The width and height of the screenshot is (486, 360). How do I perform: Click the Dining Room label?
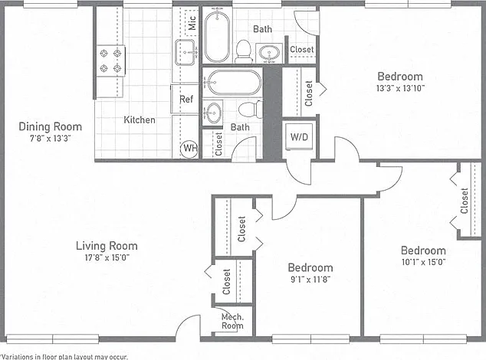click(x=51, y=126)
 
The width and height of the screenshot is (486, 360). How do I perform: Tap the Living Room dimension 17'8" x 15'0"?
click(x=107, y=257)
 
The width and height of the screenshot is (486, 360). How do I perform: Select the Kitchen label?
click(x=140, y=119)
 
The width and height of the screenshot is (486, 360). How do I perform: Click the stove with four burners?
click(x=110, y=61)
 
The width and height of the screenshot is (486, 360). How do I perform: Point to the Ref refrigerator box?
click(x=185, y=99)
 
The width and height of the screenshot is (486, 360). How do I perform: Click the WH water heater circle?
click(x=189, y=149)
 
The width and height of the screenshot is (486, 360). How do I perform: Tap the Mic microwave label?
click(x=192, y=23)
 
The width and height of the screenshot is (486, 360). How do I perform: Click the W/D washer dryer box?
click(x=299, y=136)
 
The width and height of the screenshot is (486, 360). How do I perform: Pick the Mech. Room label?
click(x=232, y=321)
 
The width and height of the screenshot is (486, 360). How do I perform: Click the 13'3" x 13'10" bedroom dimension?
click(x=400, y=88)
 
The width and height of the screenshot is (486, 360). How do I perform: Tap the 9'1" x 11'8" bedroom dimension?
click(x=310, y=280)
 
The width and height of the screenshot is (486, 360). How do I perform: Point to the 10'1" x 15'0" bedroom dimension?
click(x=423, y=262)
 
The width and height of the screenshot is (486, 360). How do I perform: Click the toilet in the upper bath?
click(x=244, y=51)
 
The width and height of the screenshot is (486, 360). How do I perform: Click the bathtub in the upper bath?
click(x=217, y=36)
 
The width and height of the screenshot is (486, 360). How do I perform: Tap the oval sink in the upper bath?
click(x=269, y=53)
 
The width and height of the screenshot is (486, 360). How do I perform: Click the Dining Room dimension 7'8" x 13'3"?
click(x=51, y=138)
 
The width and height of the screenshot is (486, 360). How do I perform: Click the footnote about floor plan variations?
click(x=64, y=357)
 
